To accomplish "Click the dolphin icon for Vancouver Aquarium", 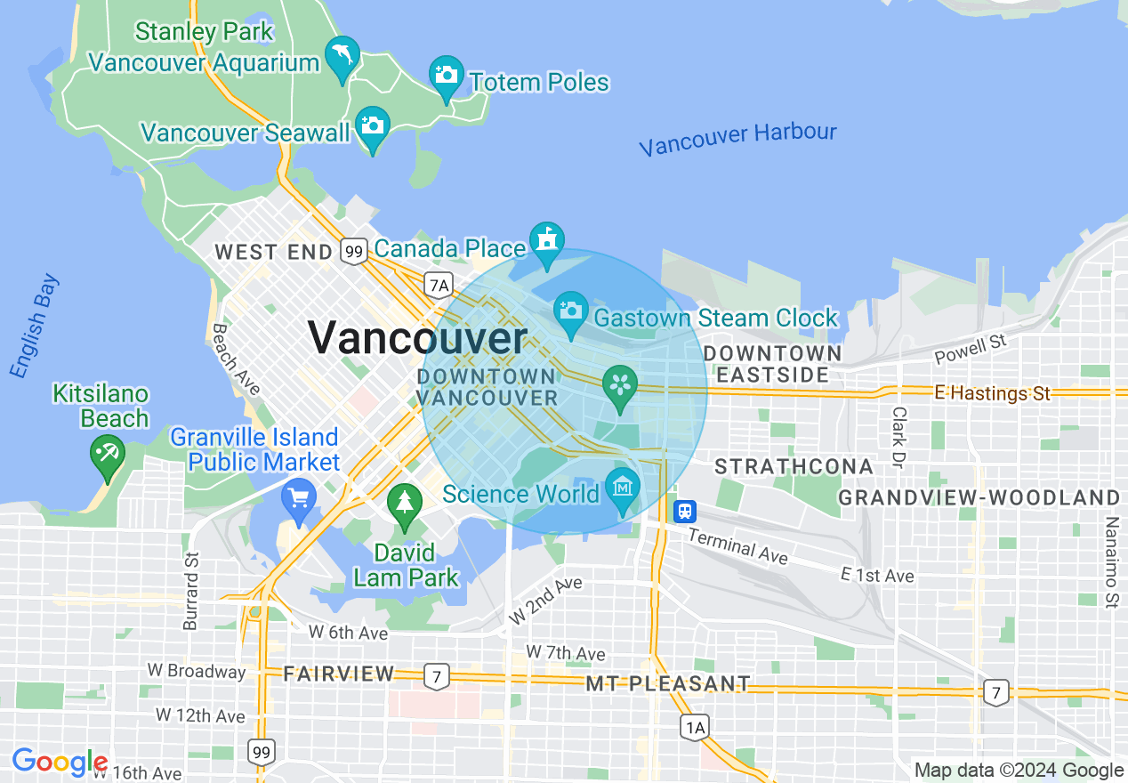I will coord(342,55).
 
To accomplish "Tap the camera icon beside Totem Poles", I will coord(447,75).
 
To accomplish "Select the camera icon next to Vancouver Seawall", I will coord(373,125).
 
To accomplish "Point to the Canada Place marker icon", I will coord(546,240).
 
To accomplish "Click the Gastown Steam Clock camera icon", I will coord(571,311).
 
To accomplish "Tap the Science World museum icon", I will coord(623,487).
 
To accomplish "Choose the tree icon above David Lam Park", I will coord(405,503).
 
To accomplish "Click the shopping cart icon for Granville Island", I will coord(298,497).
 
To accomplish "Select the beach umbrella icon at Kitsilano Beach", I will coord(108,453).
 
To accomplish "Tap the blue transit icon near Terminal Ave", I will coord(685,511).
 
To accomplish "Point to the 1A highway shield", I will coord(695,728).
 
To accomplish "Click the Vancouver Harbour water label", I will coord(737,139).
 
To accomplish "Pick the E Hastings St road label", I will coord(992,392).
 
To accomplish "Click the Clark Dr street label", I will coord(899,438).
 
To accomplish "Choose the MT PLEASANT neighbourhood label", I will coord(668,684).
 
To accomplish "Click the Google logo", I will coord(60,762).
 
